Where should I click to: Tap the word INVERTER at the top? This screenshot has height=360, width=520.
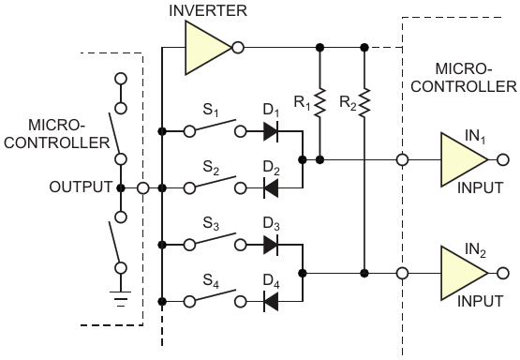(208, 10)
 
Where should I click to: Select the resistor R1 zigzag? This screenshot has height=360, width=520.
(319, 102)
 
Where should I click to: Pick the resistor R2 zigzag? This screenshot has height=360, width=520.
(364, 102)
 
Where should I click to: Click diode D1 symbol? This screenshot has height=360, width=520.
(271, 131)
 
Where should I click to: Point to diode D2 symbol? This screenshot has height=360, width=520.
(271, 188)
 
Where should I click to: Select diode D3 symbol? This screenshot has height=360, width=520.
(271, 245)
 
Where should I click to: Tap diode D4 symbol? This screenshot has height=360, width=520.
(271, 302)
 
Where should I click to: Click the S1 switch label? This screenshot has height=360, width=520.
(211, 111)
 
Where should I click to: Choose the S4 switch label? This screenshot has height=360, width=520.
(211, 281)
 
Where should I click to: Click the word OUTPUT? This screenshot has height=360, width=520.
(81, 187)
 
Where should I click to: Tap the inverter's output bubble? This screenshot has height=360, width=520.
(238, 48)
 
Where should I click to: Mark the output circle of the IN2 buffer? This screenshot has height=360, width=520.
(503, 274)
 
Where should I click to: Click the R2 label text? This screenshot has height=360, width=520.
(348, 103)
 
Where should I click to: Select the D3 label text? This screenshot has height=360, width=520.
(272, 224)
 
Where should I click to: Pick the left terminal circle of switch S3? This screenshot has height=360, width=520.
(189, 245)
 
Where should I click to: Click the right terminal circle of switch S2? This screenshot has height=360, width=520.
(241, 188)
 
